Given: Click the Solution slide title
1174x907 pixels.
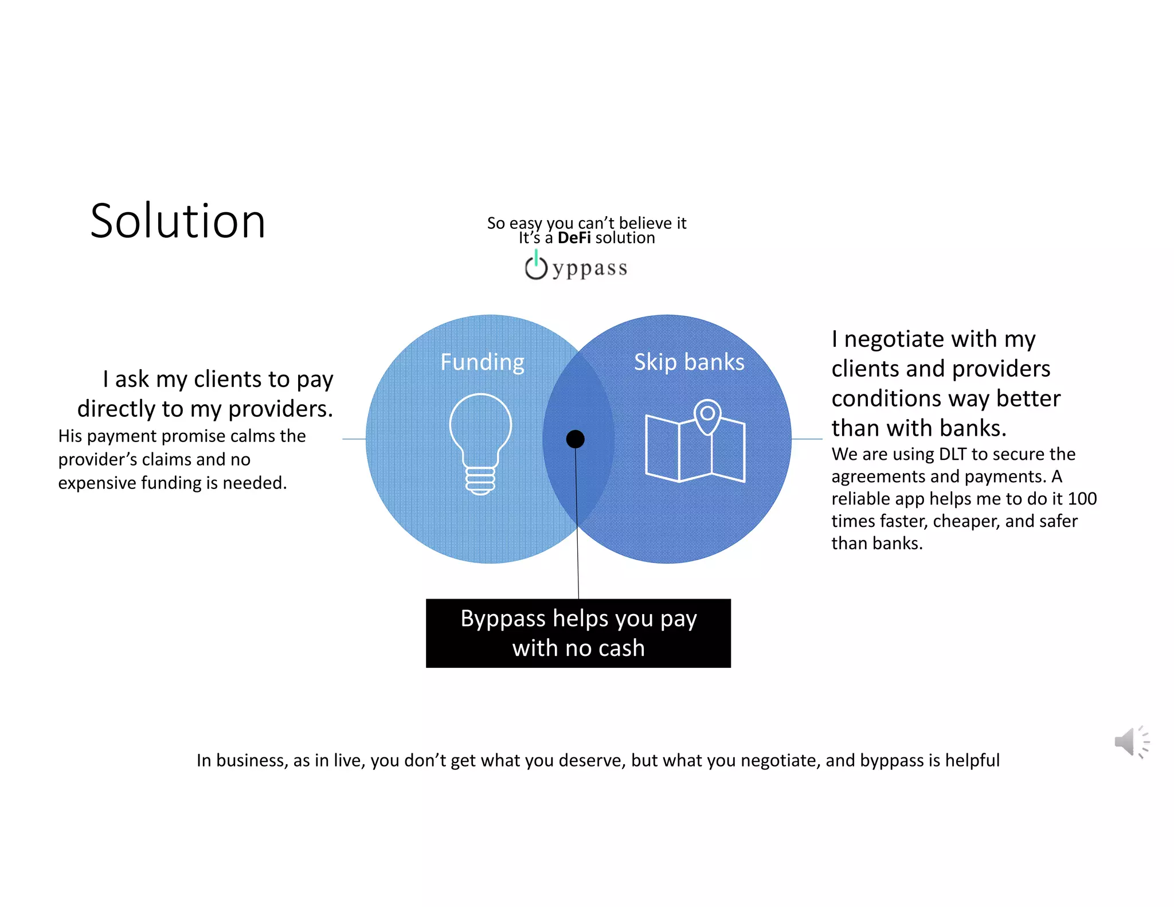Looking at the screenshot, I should tap(178, 221).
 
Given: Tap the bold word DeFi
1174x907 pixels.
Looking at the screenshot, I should tap(574, 238).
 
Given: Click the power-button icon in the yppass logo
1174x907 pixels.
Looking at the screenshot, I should tap(536, 267).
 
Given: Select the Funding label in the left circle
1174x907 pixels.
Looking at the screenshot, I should tap(482, 362).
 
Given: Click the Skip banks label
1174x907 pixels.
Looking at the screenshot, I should tap(689, 362).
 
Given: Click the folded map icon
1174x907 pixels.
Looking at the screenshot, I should tap(695, 447).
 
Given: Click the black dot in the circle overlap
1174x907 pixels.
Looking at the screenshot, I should tap(575, 439).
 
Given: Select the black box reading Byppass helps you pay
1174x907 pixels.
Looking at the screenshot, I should tap(578, 633).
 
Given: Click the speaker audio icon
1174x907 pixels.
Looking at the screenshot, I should tap(1130, 742).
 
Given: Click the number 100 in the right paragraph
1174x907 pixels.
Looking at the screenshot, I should tap(1082, 499).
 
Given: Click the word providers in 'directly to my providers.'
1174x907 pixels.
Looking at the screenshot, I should tap(280, 409).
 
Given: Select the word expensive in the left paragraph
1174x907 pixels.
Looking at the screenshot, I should tap(97, 483).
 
